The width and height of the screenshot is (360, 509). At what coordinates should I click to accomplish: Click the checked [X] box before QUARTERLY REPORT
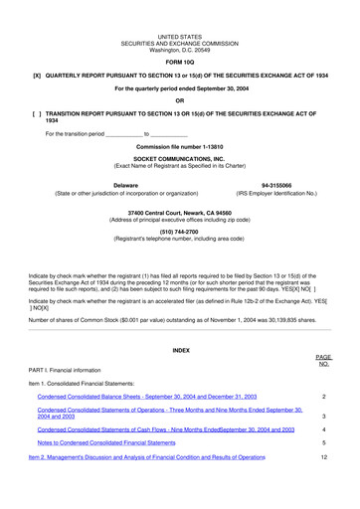click(37, 76)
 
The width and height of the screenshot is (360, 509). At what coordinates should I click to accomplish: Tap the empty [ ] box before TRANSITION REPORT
click(37, 114)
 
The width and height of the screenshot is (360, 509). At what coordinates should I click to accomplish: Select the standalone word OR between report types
click(180, 101)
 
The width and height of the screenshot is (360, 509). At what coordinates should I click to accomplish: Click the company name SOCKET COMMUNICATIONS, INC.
click(180, 158)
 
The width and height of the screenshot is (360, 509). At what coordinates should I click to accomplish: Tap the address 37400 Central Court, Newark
click(180, 213)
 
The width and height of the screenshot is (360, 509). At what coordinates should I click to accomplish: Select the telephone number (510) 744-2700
click(180, 231)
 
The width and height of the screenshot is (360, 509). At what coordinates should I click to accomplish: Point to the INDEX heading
click(180, 351)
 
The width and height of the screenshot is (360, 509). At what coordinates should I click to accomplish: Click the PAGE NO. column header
click(323, 360)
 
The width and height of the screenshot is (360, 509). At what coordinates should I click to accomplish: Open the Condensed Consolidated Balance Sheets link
click(146, 396)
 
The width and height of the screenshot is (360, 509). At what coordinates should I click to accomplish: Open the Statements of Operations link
click(169, 413)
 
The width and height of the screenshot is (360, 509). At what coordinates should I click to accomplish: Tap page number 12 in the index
click(324, 456)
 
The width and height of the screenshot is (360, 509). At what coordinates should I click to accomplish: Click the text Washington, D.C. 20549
click(180, 49)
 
